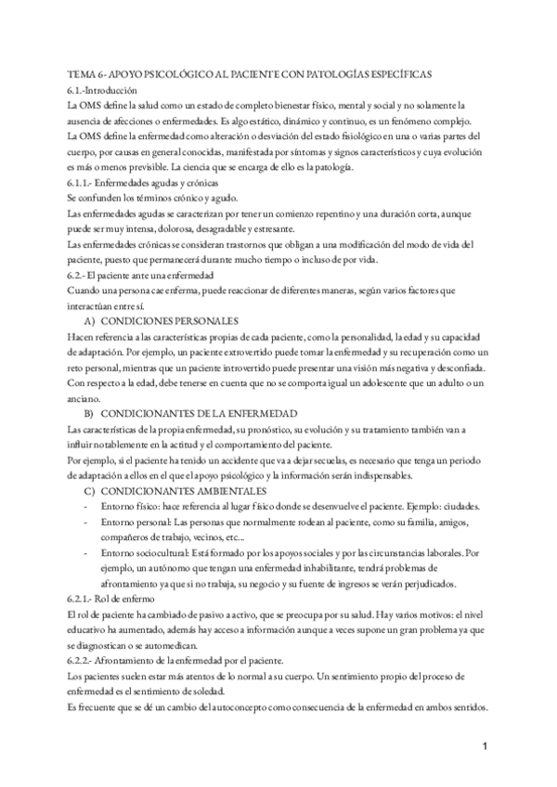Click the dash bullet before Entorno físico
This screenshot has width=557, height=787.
(x=86, y=506)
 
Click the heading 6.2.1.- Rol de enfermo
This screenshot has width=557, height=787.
(x=109, y=599)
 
